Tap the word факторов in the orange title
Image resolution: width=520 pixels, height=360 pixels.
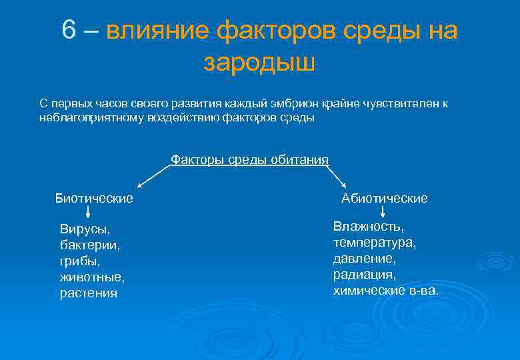click(x=273, y=31)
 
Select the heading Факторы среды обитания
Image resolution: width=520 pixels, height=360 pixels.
click(x=249, y=159)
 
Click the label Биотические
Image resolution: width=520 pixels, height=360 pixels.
click(x=94, y=198)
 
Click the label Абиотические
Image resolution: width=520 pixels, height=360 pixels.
click(x=385, y=198)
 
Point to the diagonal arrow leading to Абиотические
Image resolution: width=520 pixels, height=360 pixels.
click(x=337, y=177)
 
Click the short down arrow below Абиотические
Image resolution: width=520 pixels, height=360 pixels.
click(x=383, y=213)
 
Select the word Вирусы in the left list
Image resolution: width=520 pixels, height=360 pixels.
click(x=84, y=229)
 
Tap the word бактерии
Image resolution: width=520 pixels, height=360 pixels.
click(x=90, y=245)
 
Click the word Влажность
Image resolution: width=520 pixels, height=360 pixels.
click(x=368, y=227)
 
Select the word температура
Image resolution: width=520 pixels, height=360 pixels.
click(x=375, y=242)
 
